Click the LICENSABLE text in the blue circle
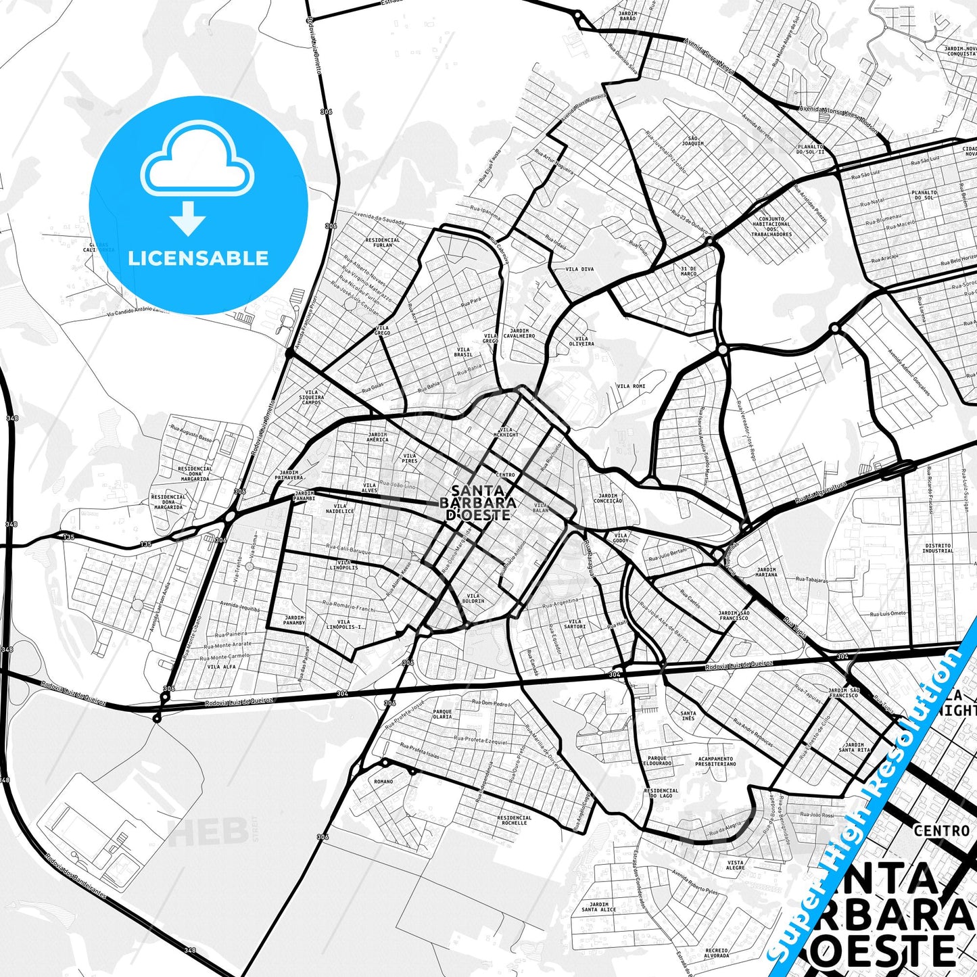pos(198,258)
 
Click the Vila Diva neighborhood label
pos(579,269)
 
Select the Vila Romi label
pos(631,386)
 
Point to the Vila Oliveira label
pos(581,341)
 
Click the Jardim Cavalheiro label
pos(519,333)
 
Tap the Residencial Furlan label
pos(383,242)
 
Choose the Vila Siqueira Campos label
pos(312,397)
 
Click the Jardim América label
pos(377,437)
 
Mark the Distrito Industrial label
pos(938,548)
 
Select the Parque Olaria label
pos(442,714)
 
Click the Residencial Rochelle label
pos(515,819)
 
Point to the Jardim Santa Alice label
pos(598,907)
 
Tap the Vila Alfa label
pos(221,667)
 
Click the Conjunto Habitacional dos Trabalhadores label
pos(771,227)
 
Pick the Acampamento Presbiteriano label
pos(716,761)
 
